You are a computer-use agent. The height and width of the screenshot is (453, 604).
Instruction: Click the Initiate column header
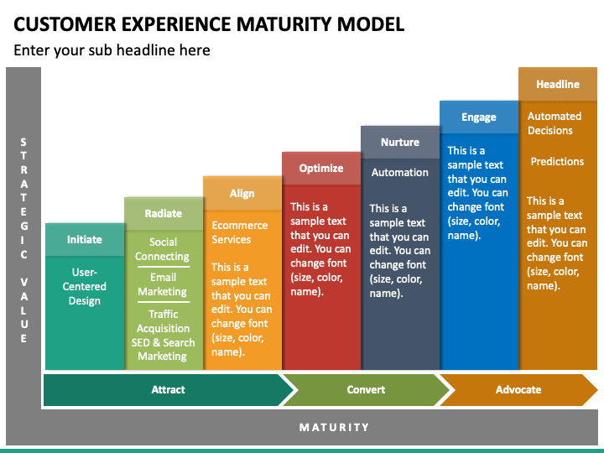(x=85, y=239)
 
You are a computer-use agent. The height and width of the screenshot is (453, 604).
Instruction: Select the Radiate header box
(x=164, y=213)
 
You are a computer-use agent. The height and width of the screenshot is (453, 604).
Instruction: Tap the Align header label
(x=242, y=193)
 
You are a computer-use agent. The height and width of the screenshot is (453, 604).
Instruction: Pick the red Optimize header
(x=321, y=169)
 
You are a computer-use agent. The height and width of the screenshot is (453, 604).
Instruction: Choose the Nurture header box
(x=400, y=142)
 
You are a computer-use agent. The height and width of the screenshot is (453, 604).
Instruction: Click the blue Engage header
(x=479, y=117)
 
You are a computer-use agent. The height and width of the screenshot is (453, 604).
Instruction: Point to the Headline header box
(x=558, y=84)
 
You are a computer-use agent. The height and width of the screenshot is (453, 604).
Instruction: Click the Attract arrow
(x=169, y=390)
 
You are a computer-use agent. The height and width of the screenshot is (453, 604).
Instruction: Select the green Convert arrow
(x=366, y=390)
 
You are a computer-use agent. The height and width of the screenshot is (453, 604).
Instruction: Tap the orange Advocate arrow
(x=518, y=390)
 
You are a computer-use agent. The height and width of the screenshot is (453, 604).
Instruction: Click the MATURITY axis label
(x=335, y=427)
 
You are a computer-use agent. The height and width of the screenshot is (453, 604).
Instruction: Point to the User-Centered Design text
(x=85, y=286)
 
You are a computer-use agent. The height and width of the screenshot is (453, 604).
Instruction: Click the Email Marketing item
(x=163, y=284)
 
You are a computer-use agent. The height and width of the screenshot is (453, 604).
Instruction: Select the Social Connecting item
(x=163, y=249)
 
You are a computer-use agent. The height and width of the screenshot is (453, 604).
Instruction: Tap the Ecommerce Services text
(x=240, y=232)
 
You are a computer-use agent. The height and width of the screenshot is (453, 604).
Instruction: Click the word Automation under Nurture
(x=400, y=172)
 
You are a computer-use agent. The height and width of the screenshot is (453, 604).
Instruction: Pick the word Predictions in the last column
(x=557, y=161)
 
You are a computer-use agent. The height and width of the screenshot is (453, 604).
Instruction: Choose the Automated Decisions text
(x=555, y=123)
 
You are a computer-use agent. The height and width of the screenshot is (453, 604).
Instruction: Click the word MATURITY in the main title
(x=284, y=23)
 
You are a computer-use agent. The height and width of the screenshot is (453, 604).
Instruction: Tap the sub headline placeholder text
(x=112, y=50)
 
